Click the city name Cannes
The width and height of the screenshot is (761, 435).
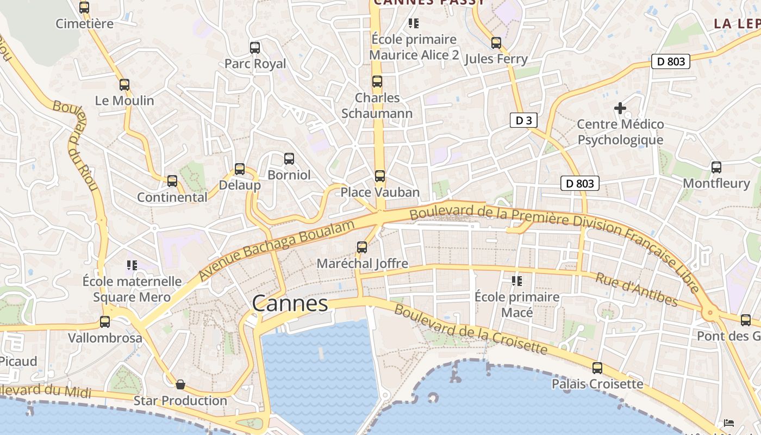290,303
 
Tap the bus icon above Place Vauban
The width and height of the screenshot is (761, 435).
380,176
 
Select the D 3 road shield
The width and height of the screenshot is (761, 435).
523,121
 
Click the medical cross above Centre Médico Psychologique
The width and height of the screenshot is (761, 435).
620,108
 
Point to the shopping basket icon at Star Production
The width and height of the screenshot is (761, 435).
180,385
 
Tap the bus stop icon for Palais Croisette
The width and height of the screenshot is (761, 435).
597,368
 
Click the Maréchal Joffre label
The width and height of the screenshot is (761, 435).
362,264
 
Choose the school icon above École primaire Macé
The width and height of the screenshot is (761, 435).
516,281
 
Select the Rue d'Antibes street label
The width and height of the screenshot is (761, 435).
637,290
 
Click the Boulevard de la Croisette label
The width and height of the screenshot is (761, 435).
470,329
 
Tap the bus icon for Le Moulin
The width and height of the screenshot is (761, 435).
124,85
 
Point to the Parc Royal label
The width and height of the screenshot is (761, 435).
255,64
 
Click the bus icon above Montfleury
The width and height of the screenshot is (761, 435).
716,167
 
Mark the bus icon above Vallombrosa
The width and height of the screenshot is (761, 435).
105,322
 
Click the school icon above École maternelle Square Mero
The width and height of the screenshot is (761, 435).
132,265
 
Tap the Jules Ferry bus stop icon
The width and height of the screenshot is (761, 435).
496,43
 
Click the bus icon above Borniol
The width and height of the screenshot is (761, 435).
289,159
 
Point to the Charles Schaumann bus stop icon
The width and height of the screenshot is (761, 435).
377,82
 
